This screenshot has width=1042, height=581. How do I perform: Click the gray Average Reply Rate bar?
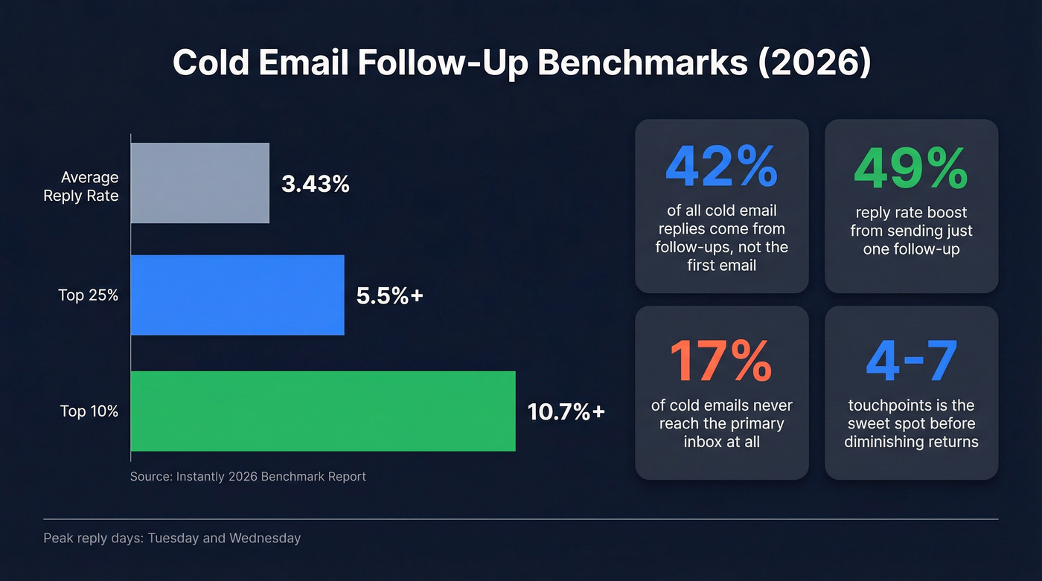[200, 183]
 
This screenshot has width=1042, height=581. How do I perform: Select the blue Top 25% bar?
[237, 295]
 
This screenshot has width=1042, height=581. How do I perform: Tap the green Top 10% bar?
[323, 411]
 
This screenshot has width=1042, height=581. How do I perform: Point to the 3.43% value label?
[316, 184]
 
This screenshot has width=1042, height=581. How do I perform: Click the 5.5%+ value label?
[389, 295]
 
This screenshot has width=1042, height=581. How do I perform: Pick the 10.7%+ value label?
[566, 411]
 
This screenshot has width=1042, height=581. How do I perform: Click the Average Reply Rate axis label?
[81, 187]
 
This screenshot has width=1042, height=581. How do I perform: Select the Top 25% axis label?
[89, 295]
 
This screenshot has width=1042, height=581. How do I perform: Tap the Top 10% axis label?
[89, 411]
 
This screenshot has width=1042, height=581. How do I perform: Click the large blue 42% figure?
[721, 167]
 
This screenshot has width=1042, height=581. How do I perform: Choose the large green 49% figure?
[911, 167]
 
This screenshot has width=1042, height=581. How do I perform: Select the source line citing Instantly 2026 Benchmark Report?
[248, 476]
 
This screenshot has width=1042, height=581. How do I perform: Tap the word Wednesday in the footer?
[265, 538]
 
